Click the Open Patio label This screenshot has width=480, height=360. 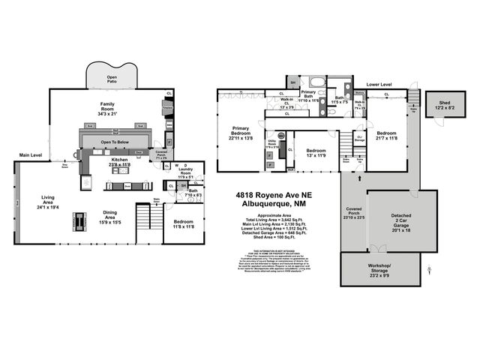pyautogui.click(x=112, y=78)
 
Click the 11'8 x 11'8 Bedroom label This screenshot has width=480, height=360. pyautogui.click(x=183, y=224)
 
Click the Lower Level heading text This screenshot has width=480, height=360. pyautogui.click(x=379, y=85)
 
